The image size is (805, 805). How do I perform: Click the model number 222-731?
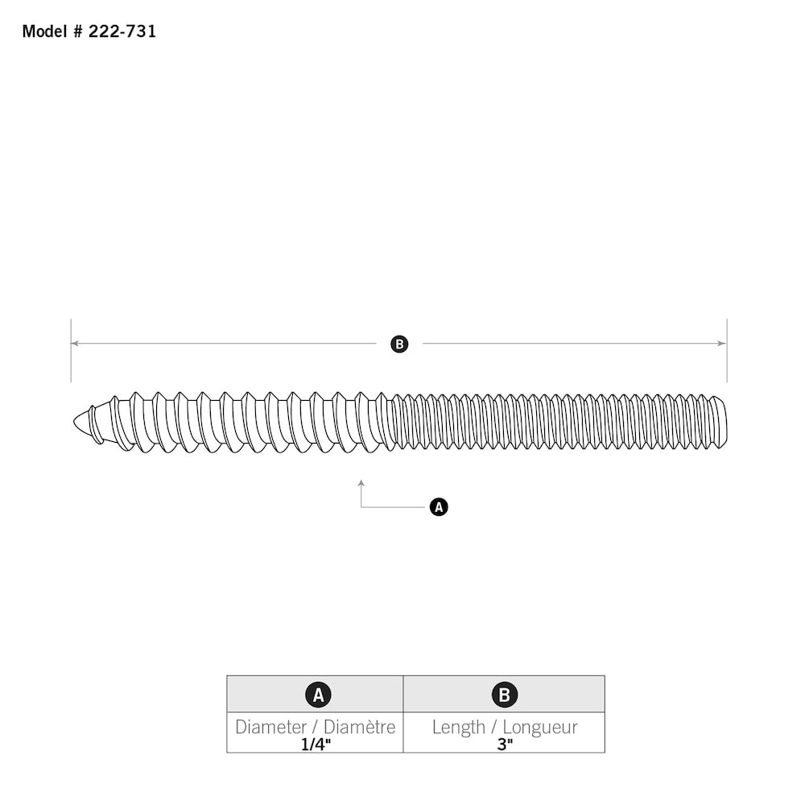pos(123,31)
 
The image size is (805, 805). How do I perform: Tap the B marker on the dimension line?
pos(399,345)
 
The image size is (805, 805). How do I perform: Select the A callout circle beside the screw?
pos(439,507)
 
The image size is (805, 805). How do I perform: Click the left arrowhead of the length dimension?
pos(74,344)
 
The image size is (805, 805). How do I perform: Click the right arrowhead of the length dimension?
pos(722,344)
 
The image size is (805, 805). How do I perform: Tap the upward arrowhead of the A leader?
pos(361,483)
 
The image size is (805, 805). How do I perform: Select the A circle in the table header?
pos(318,695)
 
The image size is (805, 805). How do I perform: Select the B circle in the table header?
pos(505,695)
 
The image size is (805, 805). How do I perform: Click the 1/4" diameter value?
pos(316,744)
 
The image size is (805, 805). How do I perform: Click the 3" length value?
pos(505,744)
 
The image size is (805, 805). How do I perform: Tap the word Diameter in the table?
pos(270,727)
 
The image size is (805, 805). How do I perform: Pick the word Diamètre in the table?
pos(359,727)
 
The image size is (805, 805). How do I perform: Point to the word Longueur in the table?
pos(540,727)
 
